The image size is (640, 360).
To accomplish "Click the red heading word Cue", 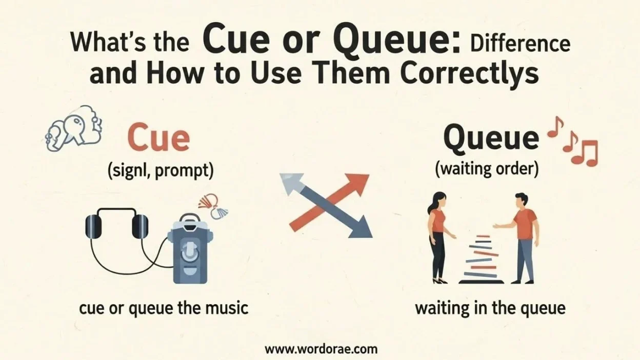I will coord(158,139).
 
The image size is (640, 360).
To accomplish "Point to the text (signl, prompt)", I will coord(160,171).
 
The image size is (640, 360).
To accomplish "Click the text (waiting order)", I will coord(487,170).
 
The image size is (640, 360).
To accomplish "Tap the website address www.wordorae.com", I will coord(321,349).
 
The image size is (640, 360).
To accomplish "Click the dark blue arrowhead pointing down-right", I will coord(361,227).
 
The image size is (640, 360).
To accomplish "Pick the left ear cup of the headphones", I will coord(93,226).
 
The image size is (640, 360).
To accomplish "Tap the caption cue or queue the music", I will coord(164,308).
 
